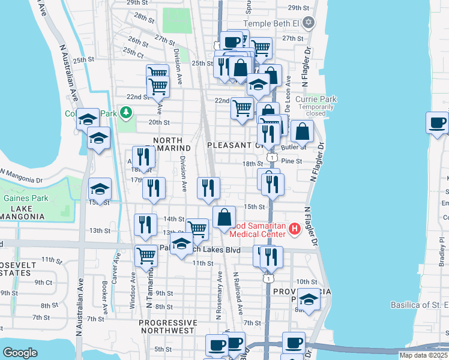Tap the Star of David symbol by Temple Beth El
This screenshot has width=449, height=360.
coord(309,23)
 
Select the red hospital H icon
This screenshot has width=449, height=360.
coord(295,229)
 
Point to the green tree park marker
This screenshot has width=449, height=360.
coord(126,112)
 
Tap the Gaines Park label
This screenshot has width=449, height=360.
coord(20,198)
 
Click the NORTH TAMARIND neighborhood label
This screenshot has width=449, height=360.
coord(172,144)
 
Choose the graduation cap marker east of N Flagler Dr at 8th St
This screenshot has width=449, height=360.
coord(309,300)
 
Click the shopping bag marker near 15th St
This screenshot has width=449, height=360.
coord(224,218)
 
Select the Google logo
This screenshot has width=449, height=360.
coord(20,353)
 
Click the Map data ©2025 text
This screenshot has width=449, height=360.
coord(423,355)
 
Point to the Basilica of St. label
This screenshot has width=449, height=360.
coord(419,305)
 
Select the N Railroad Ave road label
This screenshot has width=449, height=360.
coord(238,292)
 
